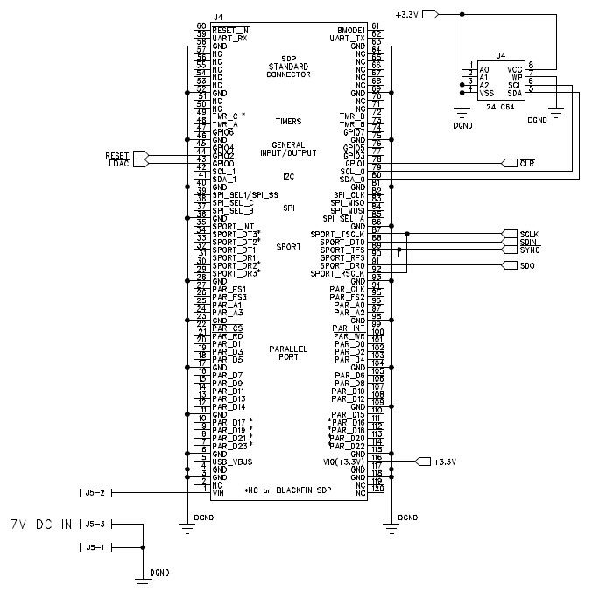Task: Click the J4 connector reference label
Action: click(x=218, y=17)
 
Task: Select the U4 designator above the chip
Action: click(x=500, y=55)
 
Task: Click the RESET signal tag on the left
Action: click(x=117, y=155)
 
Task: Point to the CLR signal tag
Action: click(x=526, y=163)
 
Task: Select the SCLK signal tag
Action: click(x=528, y=235)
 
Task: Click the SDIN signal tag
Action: click(x=528, y=243)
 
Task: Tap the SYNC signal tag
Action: click(x=528, y=250)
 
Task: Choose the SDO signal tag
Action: click(x=526, y=266)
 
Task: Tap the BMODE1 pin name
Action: click(x=349, y=29)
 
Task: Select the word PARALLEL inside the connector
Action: click(x=289, y=348)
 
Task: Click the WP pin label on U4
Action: click(x=517, y=75)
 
